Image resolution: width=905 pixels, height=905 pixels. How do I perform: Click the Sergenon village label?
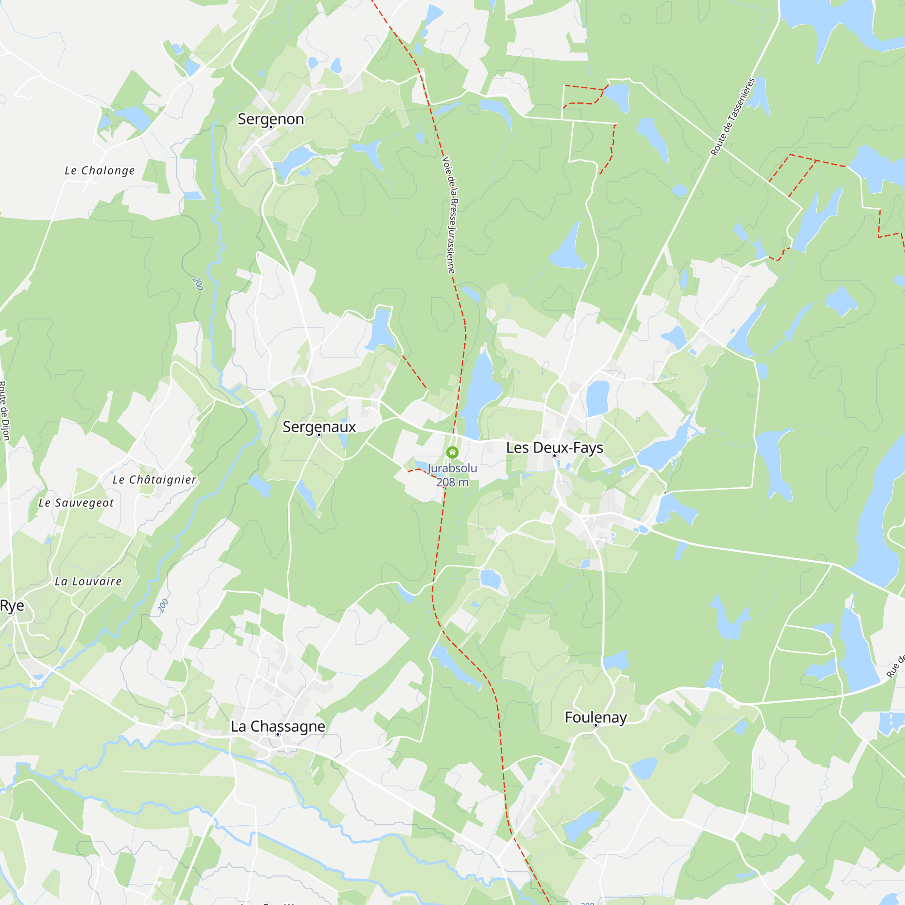click(271, 119)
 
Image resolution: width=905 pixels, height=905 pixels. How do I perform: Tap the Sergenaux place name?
click(319, 427)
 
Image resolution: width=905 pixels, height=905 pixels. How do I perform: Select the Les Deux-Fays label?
click(555, 448)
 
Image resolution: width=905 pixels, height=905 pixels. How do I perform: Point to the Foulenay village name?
click(595, 717)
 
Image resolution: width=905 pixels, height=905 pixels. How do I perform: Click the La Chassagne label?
click(278, 726)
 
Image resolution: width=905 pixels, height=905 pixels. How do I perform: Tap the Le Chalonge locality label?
click(100, 171)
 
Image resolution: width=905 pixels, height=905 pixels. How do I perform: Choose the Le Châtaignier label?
click(155, 480)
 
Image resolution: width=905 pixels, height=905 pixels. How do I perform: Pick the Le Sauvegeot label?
click(76, 503)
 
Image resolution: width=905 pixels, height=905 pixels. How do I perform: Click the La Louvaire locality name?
click(89, 581)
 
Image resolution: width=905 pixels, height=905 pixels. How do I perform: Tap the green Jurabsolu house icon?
click(452, 452)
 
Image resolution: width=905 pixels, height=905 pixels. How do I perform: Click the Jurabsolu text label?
click(452, 468)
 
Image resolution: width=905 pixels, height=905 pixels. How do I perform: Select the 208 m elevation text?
click(452, 482)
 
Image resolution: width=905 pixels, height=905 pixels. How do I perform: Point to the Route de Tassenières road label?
click(733, 117)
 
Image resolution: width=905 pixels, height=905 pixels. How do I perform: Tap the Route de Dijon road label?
click(4, 411)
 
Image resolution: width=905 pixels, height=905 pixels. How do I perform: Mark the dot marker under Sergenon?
click(271, 128)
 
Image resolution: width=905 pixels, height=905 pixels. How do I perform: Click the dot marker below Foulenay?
click(596, 726)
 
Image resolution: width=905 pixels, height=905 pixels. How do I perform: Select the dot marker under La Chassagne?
click(278, 734)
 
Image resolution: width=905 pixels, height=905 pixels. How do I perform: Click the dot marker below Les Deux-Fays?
click(555, 456)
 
